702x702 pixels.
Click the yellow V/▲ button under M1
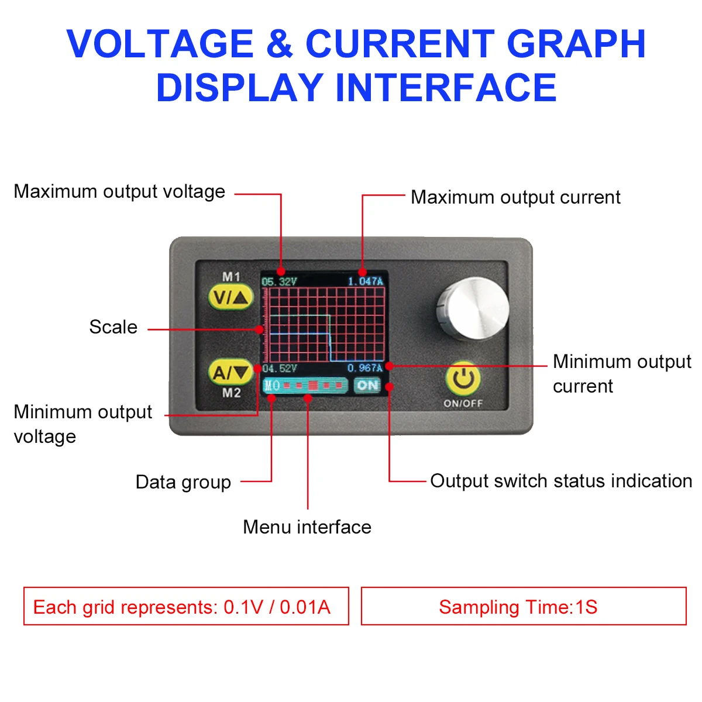pos(231,298)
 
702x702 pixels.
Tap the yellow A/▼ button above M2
pos(230,372)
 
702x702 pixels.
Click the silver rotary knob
pos(473,309)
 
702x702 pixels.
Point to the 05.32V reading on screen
pos(279,282)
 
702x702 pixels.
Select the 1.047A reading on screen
pos(366,282)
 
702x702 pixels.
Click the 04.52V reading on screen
pos(279,369)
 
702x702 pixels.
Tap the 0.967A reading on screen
pos(364,369)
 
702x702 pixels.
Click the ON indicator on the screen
pos(367,386)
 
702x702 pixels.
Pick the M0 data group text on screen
pos(272,386)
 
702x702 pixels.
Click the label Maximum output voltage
pos(119,191)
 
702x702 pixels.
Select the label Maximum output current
pos(515,197)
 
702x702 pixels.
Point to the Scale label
pos(113,327)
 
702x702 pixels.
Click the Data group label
pos(183,482)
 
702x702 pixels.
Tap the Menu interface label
pos(307,527)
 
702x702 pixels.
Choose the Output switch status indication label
pos(561,481)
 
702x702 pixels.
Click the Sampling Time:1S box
pos(524,607)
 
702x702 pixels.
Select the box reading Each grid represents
pos(186,607)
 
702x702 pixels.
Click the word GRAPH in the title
pos(576,44)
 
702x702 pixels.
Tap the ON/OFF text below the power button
pos(463,404)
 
